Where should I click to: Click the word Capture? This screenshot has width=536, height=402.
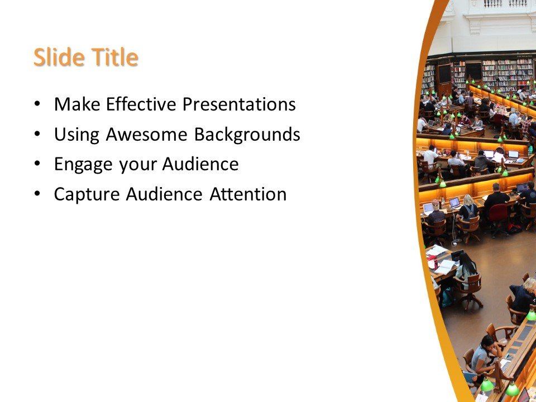point(87,194)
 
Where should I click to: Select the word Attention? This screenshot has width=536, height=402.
point(248,194)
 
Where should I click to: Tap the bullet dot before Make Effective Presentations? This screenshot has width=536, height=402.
point(37,104)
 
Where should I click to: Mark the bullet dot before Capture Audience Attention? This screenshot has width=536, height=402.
point(37,194)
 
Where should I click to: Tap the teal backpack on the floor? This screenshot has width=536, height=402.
point(447,296)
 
